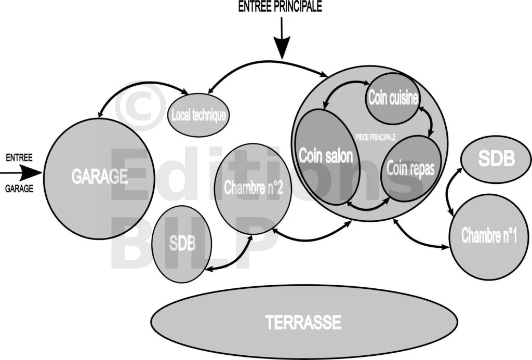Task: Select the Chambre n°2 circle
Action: [x=253, y=189]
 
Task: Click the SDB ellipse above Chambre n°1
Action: [x=496, y=159]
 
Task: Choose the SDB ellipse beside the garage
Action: [x=181, y=244]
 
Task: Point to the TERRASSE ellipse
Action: [x=303, y=322]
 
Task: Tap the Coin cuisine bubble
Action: [x=393, y=98]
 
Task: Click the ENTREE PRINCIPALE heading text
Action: [x=280, y=7]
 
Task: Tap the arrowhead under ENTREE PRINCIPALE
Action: [x=281, y=51]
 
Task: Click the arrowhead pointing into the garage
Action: [x=35, y=172]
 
